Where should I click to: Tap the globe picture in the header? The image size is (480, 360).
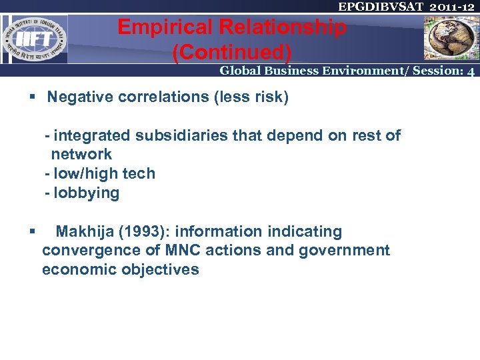(x=450, y=37)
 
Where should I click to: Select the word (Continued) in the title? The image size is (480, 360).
(x=231, y=51)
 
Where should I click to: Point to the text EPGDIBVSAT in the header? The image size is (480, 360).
(x=378, y=7)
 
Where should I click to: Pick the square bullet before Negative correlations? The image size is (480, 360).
(x=32, y=97)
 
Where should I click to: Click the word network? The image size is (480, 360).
(x=81, y=155)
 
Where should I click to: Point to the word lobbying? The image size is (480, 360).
(x=87, y=193)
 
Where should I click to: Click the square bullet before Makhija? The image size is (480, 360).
(x=32, y=232)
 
